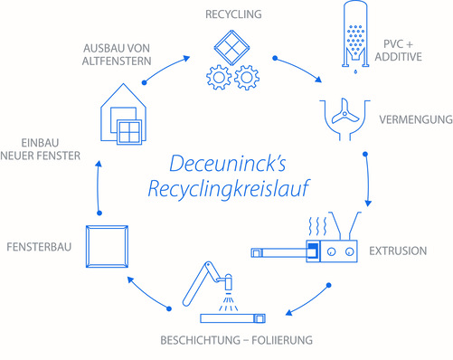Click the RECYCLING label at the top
[x=233, y=14]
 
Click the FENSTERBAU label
[x=38, y=245]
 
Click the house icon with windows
[x=122, y=113]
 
